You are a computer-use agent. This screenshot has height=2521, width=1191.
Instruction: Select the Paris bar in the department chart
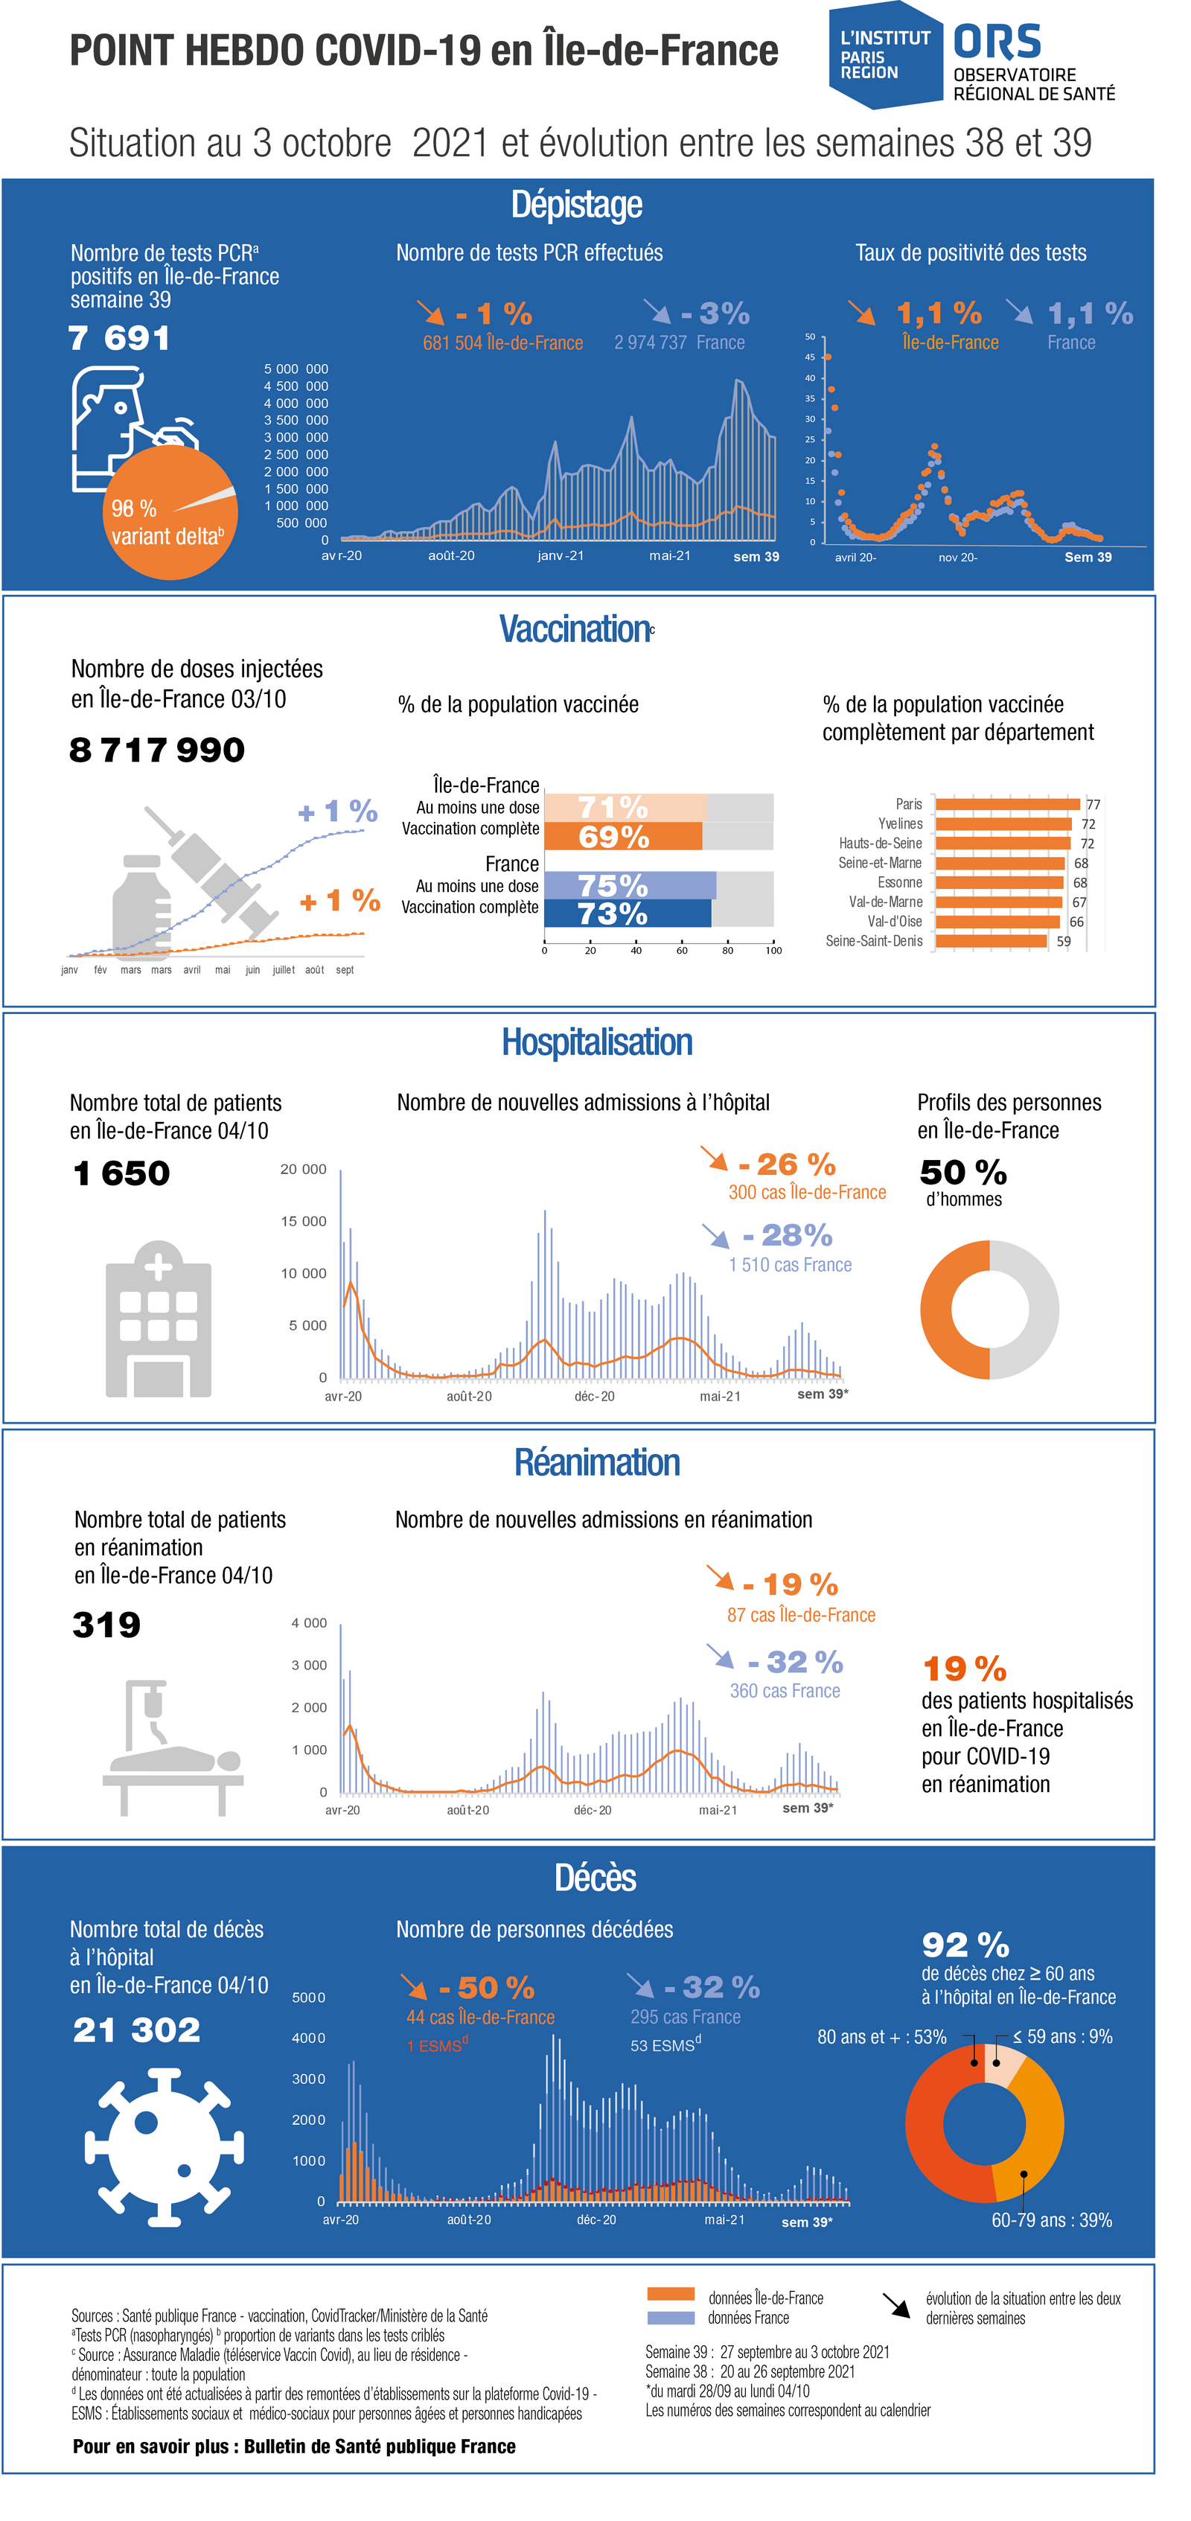coord(1007,804)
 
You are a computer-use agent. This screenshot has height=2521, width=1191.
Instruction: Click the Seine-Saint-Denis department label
coord(873,941)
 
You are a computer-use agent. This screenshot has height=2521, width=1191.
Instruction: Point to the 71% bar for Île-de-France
coord(625,807)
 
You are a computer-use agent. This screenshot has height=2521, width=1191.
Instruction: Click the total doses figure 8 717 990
coord(156,750)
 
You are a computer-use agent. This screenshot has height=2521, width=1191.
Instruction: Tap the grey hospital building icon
coord(158,1319)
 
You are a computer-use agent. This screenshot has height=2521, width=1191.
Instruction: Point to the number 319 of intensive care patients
coord(106,1625)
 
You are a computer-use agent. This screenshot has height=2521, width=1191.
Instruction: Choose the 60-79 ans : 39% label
coord(1051,2220)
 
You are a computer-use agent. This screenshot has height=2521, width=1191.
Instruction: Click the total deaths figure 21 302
coord(137,2030)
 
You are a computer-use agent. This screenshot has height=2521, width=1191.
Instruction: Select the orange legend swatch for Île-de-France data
coord(671,2294)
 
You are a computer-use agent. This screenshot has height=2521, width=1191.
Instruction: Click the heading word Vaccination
coord(575,629)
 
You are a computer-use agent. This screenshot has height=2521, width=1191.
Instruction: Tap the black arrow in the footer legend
coord(895,2305)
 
